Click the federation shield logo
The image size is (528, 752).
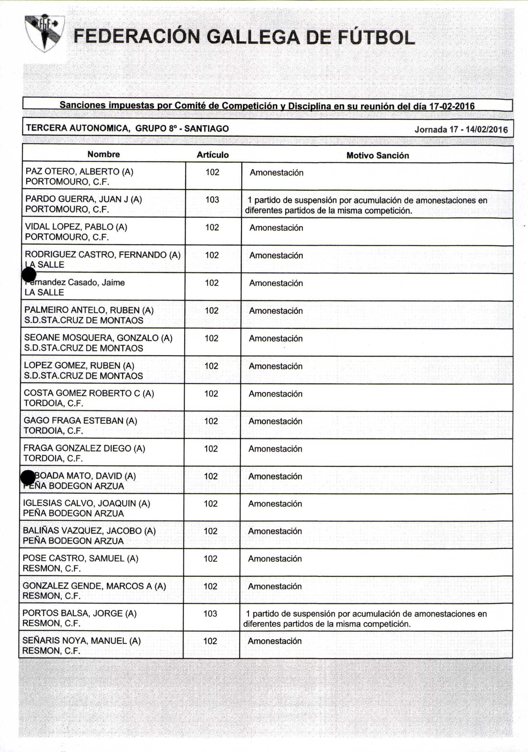point(45,33)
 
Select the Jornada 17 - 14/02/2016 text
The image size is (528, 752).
point(461,129)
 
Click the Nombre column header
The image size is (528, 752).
point(103,154)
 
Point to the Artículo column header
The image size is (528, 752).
point(213,155)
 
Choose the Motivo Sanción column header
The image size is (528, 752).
point(378,155)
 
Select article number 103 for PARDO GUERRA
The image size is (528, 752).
point(212,199)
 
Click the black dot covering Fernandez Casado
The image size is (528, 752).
point(29,274)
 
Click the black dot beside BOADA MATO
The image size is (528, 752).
point(28,477)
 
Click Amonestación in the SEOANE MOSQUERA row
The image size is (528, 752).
point(276,338)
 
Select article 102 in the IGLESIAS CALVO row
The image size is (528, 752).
point(211,503)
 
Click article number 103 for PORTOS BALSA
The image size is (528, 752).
point(210,613)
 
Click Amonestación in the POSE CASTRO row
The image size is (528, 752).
point(275,558)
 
